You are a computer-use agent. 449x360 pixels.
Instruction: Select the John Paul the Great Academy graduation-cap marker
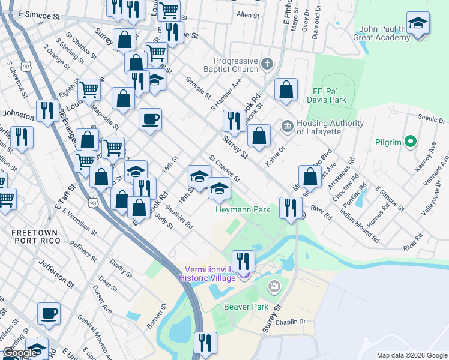(418, 24)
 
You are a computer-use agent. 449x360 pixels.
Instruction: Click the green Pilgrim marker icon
(411, 142)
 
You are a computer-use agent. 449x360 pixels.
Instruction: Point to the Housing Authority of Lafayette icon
(286, 125)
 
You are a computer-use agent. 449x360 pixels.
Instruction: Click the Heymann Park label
(243, 209)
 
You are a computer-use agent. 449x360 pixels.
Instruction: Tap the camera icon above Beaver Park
(275, 287)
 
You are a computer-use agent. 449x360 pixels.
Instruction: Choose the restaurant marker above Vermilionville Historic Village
(243, 260)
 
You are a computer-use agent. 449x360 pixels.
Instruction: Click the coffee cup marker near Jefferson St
(49, 313)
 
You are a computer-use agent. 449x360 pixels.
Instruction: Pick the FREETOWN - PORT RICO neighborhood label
(29, 236)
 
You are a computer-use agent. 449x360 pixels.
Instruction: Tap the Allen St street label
(247, 14)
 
